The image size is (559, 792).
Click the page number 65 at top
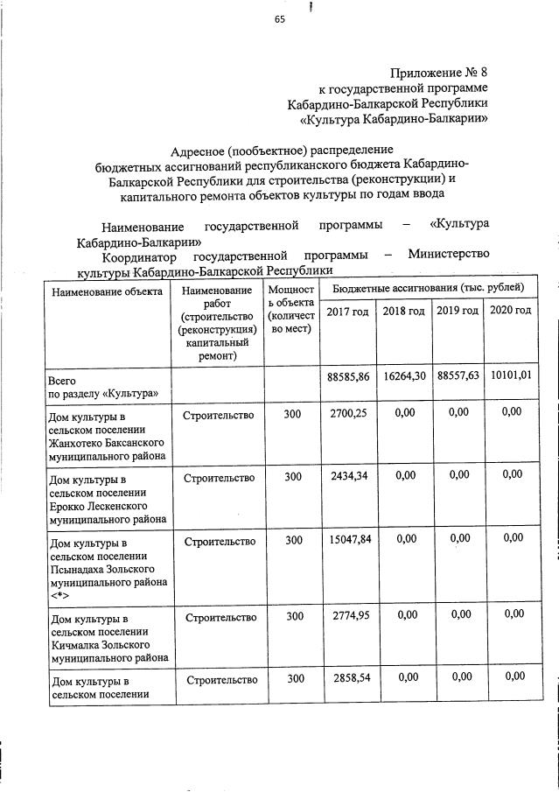click(x=280, y=23)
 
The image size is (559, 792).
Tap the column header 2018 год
click(x=403, y=312)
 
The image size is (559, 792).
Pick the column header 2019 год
click(x=458, y=312)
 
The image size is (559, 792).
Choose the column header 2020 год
click(x=510, y=312)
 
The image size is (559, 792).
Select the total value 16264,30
click(x=404, y=376)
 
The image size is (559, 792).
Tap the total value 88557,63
click(x=458, y=376)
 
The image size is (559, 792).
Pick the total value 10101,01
click(x=511, y=376)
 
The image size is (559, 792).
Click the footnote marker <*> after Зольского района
click(x=60, y=595)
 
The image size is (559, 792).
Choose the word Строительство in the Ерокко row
click(x=219, y=478)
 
